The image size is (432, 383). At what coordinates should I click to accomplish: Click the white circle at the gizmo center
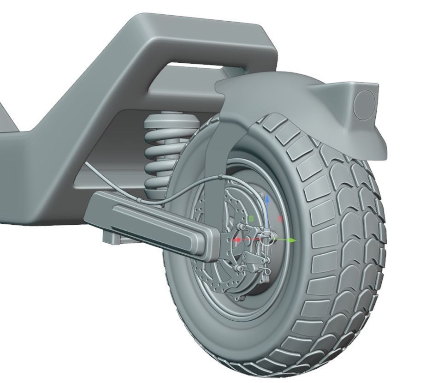pyautogui.click(x=266, y=239)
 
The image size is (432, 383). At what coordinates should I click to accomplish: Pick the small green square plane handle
pyautogui.click(x=251, y=218)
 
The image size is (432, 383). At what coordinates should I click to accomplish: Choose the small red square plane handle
pyautogui.click(x=280, y=219)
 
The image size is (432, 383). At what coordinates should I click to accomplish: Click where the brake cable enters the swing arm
pyautogui.click(x=138, y=200)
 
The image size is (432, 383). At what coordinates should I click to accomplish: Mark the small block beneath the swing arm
pyautogui.click(x=111, y=238)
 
